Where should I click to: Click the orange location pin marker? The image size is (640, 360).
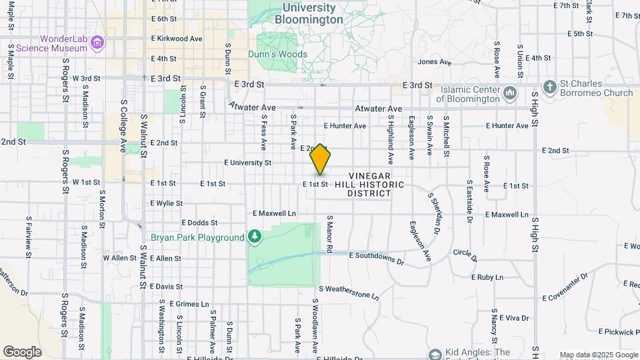320,160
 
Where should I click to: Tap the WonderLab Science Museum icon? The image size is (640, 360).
97,43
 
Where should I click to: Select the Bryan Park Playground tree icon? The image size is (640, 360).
254,237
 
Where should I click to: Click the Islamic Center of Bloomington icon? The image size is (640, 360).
511,92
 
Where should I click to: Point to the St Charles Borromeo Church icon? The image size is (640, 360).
549,87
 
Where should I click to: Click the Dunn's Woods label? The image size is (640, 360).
277,55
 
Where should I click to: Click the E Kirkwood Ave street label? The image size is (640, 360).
176,39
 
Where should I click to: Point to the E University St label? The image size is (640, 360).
248,162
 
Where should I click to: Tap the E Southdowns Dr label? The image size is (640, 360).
375,255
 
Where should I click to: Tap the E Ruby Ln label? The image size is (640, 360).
486,276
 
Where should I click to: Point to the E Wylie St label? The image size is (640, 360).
167,203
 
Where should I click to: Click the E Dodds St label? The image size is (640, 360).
199,223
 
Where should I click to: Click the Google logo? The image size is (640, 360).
22,352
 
